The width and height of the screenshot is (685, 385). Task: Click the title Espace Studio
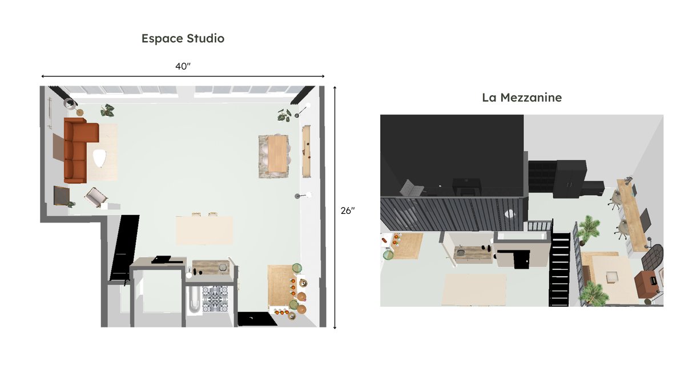pos(183,39)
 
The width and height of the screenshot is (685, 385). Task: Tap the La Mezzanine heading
pos(522,98)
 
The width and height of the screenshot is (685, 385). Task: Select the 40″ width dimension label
pos(183,66)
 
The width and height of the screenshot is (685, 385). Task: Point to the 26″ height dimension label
pos(348,210)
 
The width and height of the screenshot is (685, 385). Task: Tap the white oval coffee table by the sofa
pos(99,157)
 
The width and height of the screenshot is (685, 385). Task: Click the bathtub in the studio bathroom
pos(194,299)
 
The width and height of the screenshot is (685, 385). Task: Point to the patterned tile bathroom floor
pos(215,299)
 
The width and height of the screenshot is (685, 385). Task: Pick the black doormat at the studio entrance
pos(257,319)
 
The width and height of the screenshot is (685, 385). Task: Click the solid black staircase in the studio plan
pos(124,248)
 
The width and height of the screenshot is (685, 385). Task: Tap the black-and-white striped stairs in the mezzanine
pos(559,269)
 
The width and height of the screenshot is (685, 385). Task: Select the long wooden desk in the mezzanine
pos(632,215)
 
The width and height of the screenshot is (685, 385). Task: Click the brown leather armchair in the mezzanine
pos(646,283)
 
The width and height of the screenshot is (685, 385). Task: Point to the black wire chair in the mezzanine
pos(652,256)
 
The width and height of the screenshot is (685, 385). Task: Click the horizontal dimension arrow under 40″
pos(183,76)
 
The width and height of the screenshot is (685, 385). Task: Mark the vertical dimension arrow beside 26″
pos(335,208)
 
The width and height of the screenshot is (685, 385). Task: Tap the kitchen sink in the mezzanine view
pos(460,252)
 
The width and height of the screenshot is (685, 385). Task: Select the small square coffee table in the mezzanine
pos(612,277)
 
